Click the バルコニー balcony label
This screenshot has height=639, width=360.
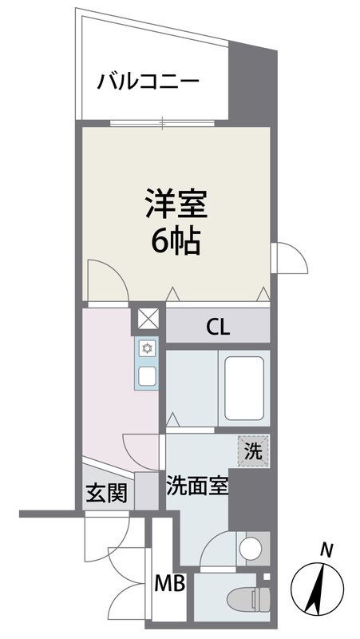click(148, 82)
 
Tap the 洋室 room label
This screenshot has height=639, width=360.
click(176, 204)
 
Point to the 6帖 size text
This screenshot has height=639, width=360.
click(176, 240)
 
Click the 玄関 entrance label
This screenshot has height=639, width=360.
click(105, 494)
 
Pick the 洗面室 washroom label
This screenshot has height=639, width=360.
click(197, 486)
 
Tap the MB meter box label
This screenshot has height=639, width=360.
click(170, 585)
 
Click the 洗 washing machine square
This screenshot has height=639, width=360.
click(253, 450)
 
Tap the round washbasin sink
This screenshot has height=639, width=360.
click(249, 549)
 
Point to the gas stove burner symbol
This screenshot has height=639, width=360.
click(148, 348)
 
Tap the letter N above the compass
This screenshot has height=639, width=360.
click(326, 549)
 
